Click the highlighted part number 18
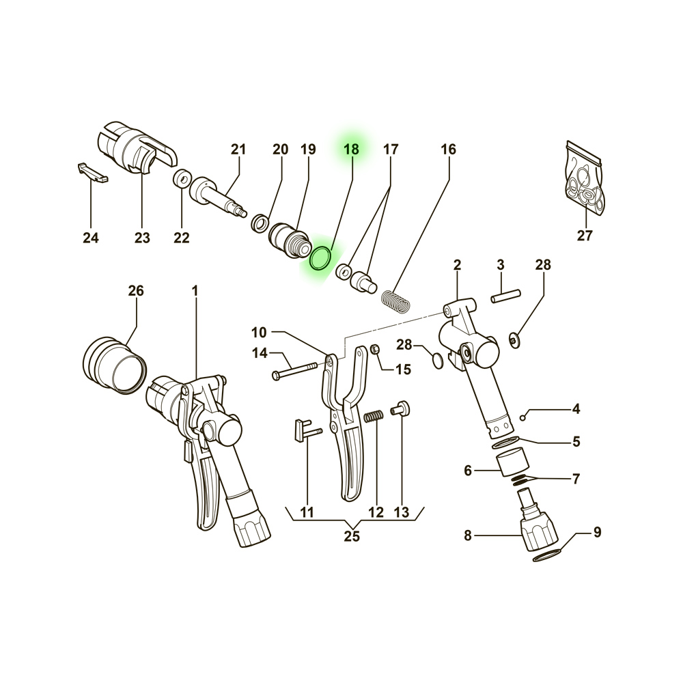tap(350, 149)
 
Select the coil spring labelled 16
tap(397, 300)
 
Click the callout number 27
tap(585, 236)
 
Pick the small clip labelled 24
tap(92, 173)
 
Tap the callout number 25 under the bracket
tap(352, 536)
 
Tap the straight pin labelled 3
tap(506, 296)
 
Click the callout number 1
tap(195, 291)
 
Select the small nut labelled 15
tap(376, 350)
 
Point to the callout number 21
tap(238, 149)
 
